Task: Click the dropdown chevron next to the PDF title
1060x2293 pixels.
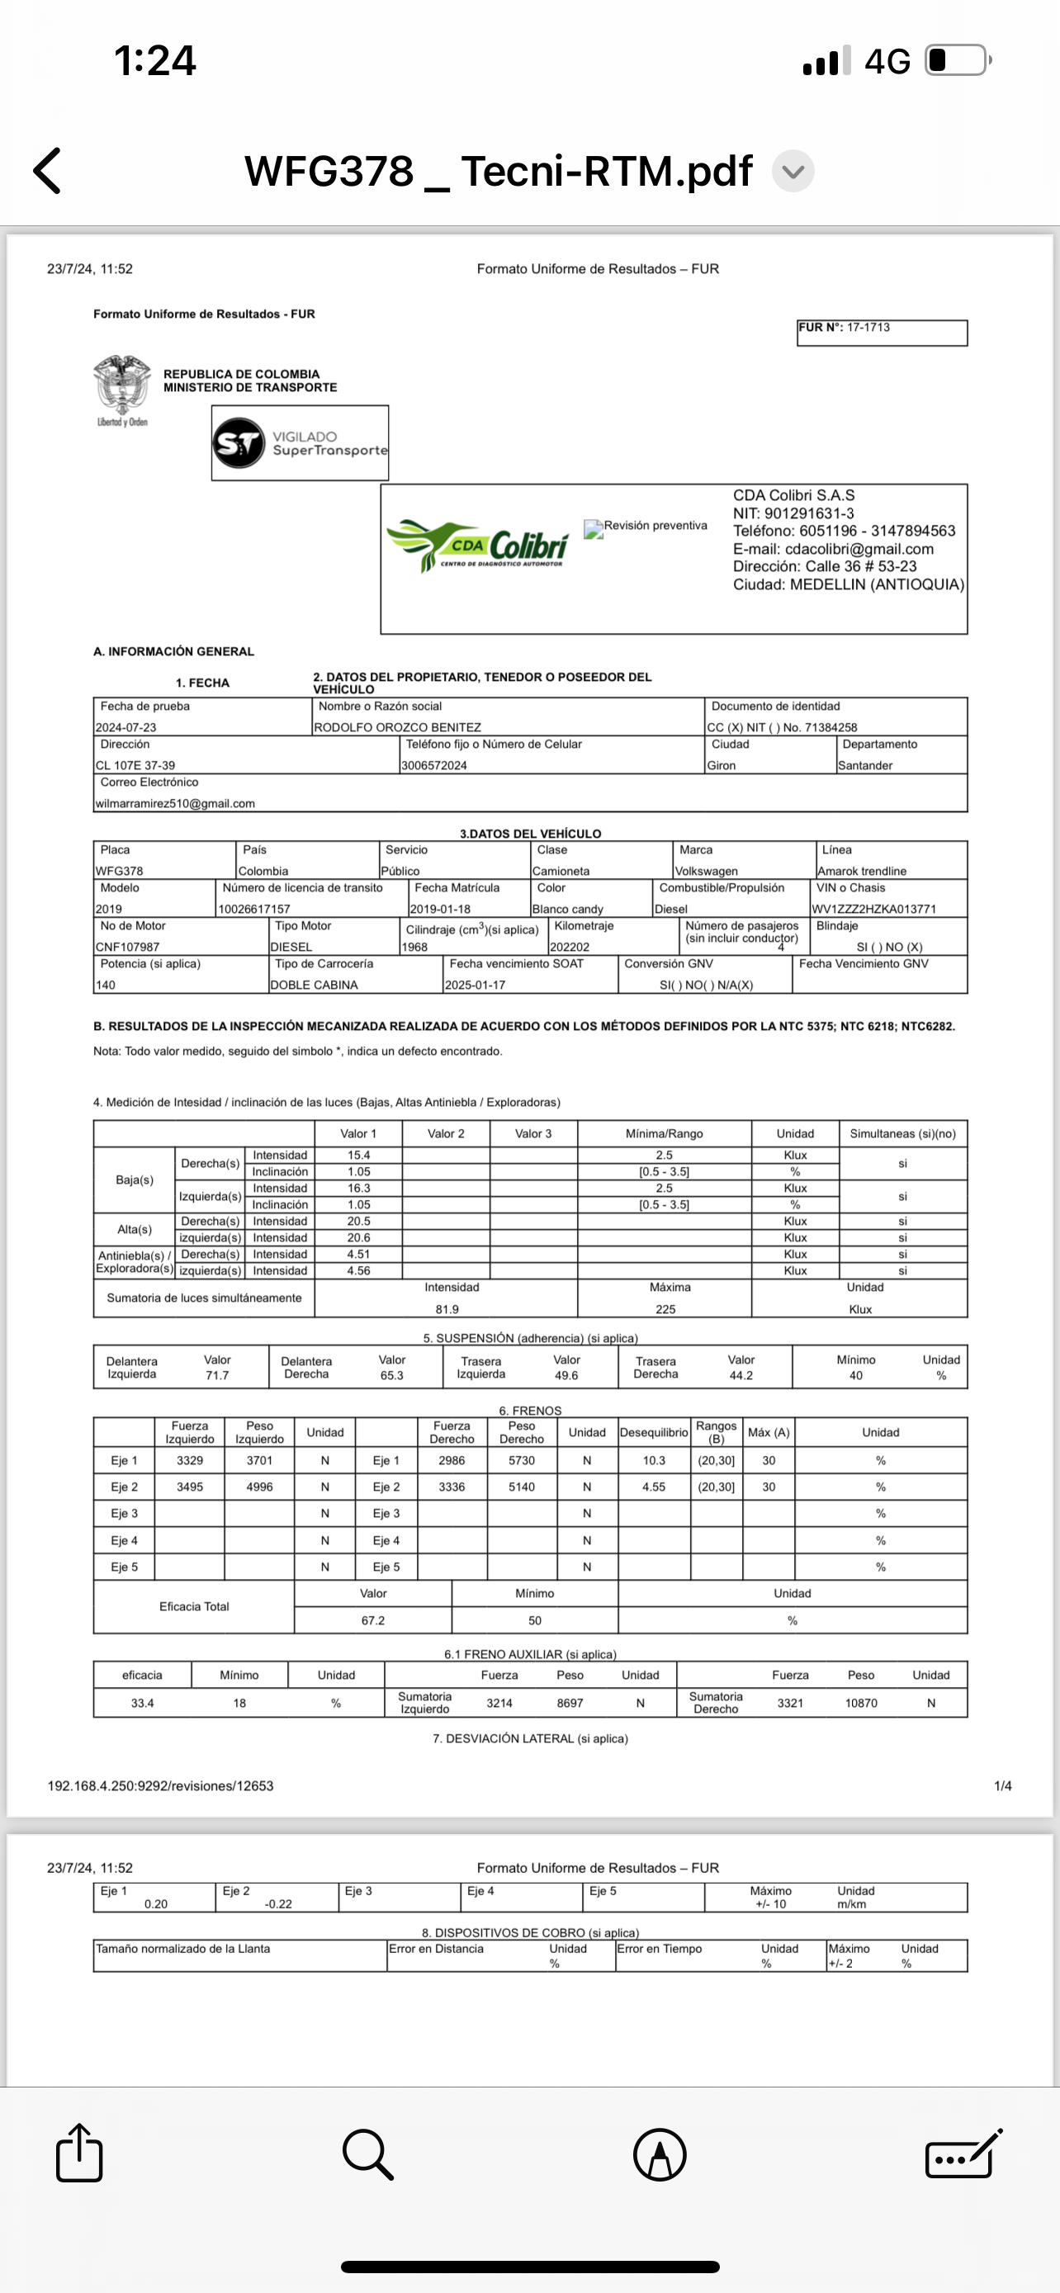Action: [792, 171]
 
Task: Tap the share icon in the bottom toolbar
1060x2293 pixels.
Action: [79, 2154]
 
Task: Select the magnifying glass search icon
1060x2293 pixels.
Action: [367, 2155]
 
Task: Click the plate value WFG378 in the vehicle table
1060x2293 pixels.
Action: [119, 871]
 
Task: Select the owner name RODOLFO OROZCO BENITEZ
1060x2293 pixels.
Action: [397, 727]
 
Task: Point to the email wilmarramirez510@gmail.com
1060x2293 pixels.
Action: [175, 803]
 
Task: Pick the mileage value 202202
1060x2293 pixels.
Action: [570, 947]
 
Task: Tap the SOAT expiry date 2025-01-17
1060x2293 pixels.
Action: [476, 986]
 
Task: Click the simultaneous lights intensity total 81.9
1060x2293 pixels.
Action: [447, 1309]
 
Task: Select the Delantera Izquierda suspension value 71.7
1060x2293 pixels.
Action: [217, 1375]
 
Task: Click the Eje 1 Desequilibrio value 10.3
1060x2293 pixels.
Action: [654, 1461]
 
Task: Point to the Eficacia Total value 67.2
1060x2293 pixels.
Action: [373, 1621]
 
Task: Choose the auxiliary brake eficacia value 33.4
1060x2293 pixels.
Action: [142, 1703]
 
